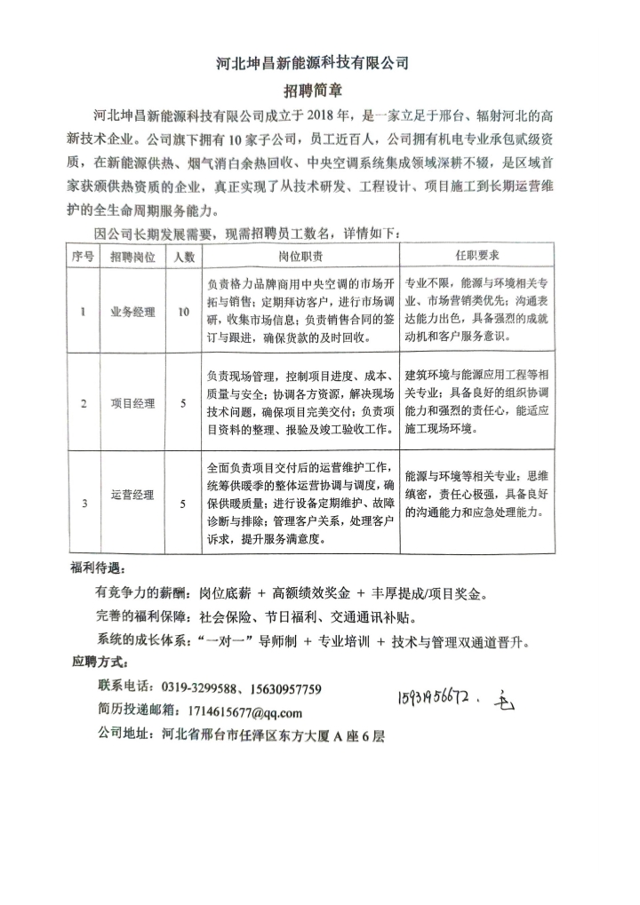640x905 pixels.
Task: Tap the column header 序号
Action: [x=83, y=256]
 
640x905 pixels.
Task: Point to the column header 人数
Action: [x=183, y=256]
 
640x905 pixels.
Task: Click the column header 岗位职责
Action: [x=300, y=256]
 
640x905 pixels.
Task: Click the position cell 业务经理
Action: [x=132, y=312]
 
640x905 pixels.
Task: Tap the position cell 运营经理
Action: [x=132, y=496]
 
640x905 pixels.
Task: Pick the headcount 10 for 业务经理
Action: [x=183, y=312]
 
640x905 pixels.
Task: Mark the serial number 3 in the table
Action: [x=84, y=504]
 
